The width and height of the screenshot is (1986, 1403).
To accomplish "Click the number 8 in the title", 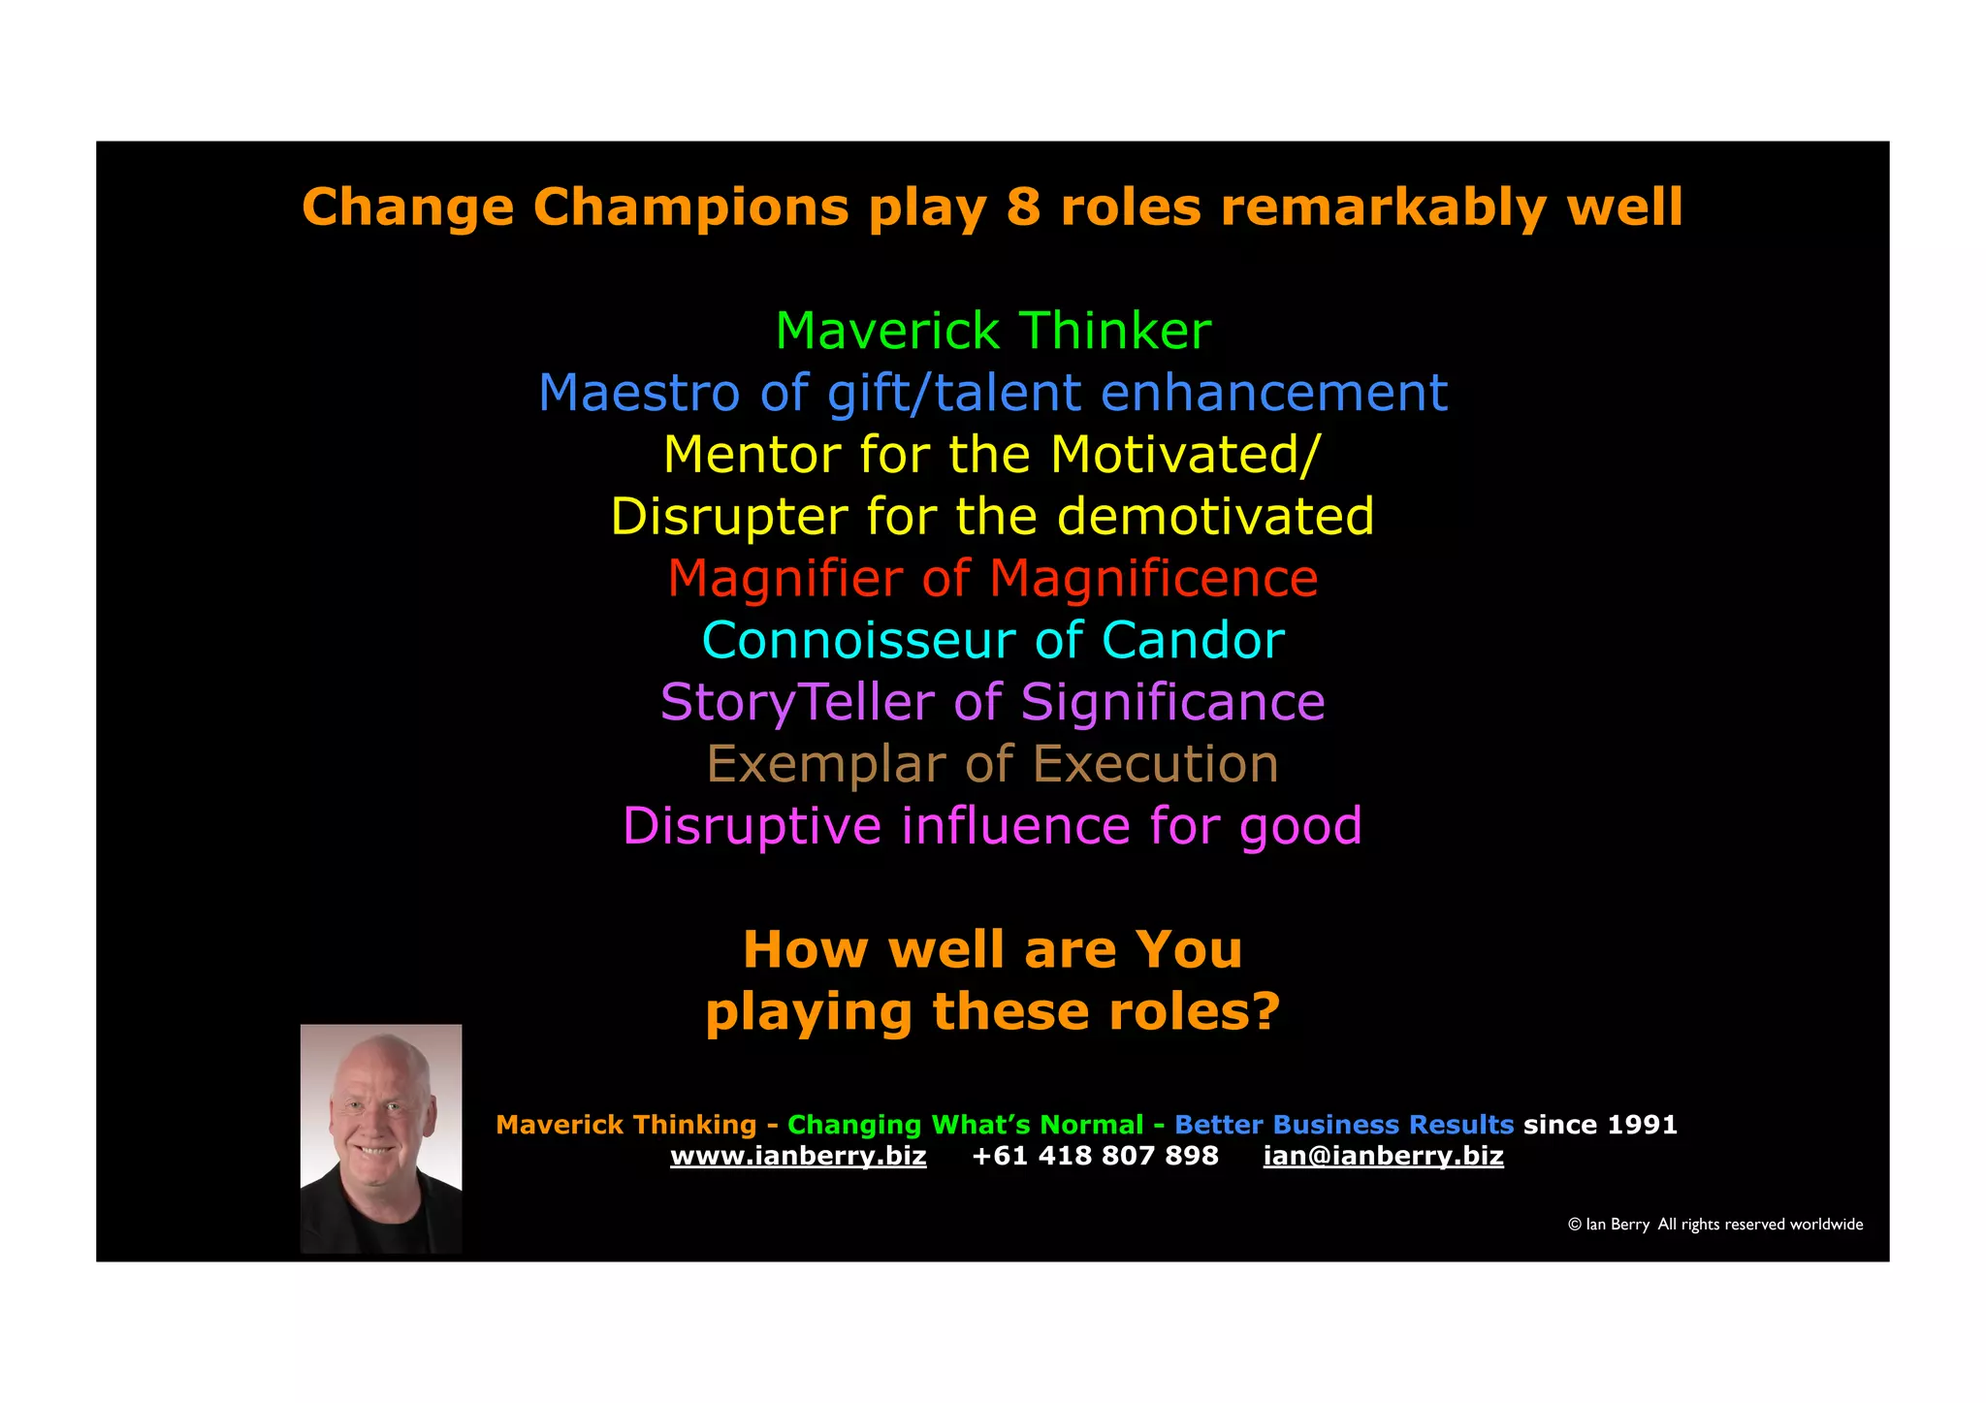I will click(1023, 207).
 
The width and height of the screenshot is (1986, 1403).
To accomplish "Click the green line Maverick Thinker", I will click(993, 332).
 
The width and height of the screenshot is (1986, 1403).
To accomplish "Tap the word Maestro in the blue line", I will click(638, 394).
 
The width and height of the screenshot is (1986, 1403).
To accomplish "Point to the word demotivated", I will click(1215, 517).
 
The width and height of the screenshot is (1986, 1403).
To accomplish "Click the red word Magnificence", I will click(1153, 579).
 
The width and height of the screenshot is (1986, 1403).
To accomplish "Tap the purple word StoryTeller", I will click(796, 703).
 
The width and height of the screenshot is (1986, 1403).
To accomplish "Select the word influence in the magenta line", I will click(1015, 826).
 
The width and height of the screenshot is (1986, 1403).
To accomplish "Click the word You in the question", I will click(1188, 950).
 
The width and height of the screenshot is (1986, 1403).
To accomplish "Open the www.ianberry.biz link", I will click(798, 1156).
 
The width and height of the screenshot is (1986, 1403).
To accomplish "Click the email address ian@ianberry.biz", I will click(1383, 1156).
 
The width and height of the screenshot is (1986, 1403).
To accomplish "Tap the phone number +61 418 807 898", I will click(1095, 1156).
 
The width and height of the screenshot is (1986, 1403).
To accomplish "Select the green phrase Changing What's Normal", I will click(965, 1125).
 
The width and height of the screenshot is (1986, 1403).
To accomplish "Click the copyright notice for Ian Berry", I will click(1714, 1225).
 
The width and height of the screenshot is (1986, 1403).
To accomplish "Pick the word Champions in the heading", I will click(690, 207).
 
